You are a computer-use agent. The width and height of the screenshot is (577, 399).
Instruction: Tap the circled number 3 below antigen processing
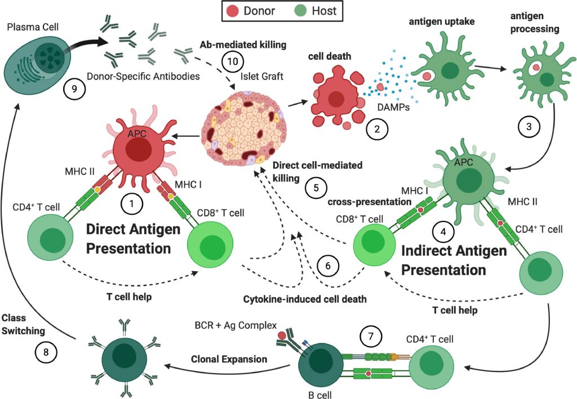pyautogui.click(x=528, y=127)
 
